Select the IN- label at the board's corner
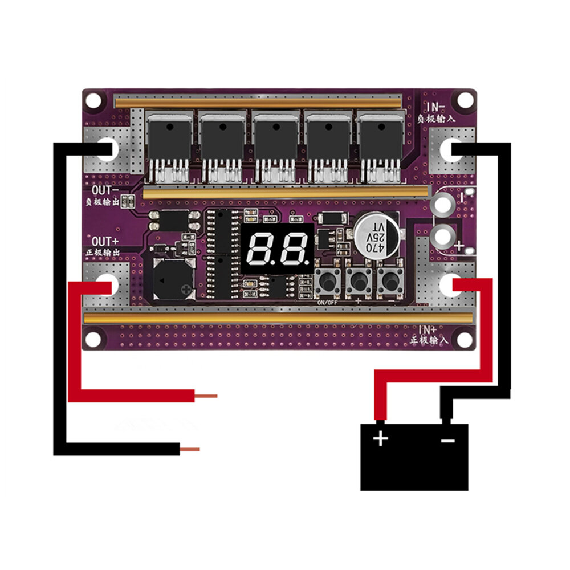[437, 105]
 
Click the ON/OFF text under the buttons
[327, 303]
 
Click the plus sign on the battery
[380, 439]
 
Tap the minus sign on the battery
[448, 439]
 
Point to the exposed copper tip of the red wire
[206, 395]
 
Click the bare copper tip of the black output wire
[190, 449]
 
